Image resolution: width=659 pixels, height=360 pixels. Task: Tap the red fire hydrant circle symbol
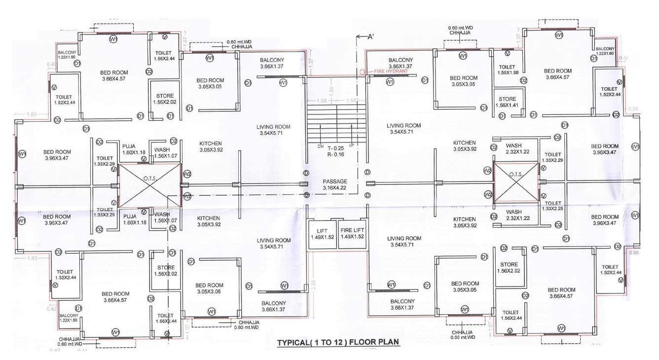[x=363, y=72]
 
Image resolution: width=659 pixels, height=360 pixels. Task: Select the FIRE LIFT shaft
[x=352, y=234]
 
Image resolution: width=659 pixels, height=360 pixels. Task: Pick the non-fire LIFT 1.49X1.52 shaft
[x=322, y=234]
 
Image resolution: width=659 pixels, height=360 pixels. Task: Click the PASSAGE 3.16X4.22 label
[x=335, y=184]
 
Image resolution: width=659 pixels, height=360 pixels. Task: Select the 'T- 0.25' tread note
[x=334, y=148]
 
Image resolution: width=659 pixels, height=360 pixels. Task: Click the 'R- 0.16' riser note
[x=334, y=155]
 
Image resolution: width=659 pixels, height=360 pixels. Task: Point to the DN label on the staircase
[x=320, y=146]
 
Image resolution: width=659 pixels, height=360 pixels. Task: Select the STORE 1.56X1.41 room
[x=507, y=102]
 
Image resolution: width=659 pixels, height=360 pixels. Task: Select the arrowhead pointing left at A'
[x=358, y=36]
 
